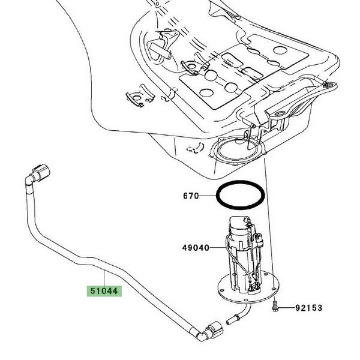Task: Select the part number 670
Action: click(x=191, y=196)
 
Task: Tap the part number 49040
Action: click(x=196, y=247)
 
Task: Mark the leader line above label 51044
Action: click(x=104, y=278)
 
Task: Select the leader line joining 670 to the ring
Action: click(x=208, y=196)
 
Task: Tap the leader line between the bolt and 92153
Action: click(x=287, y=308)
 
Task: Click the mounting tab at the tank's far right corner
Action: click(x=328, y=86)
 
